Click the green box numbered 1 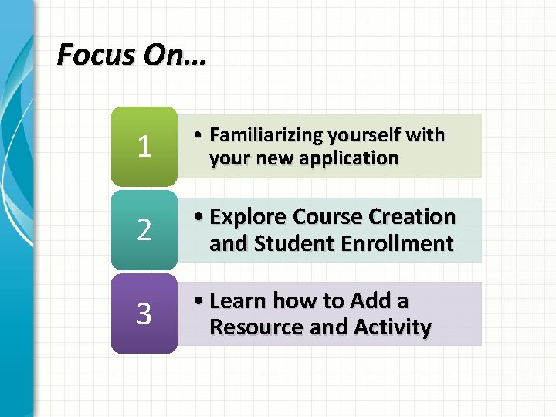[x=144, y=147]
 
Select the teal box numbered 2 [x=144, y=230]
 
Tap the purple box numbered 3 [x=144, y=314]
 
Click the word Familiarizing [x=266, y=135]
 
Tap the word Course [x=331, y=217]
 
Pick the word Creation [x=417, y=217]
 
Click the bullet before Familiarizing [x=199, y=136]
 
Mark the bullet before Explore [x=199, y=218]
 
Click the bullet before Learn [x=199, y=301]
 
